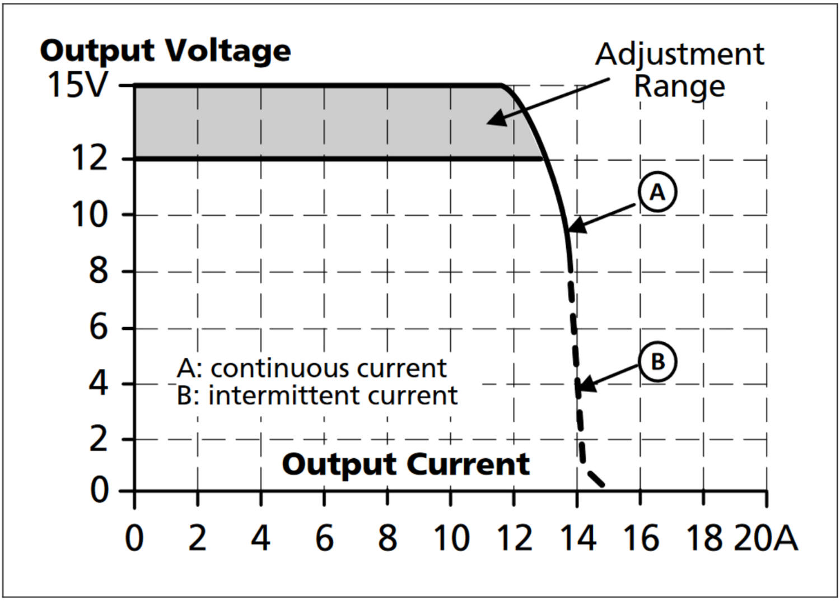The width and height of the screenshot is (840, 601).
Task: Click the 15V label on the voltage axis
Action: (x=77, y=85)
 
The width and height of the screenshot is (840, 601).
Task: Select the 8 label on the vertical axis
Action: (x=98, y=272)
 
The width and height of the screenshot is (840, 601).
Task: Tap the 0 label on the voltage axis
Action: (x=99, y=491)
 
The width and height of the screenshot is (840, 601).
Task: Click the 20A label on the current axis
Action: (x=766, y=538)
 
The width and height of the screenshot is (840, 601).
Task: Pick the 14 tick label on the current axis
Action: (x=577, y=538)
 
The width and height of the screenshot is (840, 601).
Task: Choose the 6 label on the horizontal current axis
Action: (x=324, y=538)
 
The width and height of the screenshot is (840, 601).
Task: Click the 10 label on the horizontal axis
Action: (x=451, y=538)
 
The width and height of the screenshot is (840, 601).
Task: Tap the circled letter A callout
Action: (x=657, y=192)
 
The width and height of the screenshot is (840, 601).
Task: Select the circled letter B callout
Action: (x=657, y=361)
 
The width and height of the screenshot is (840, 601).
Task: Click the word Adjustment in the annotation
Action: (x=679, y=54)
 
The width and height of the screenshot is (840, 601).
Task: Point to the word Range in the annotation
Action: (x=679, y=86)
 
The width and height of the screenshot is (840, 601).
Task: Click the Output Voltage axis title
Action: (x=165, y=51)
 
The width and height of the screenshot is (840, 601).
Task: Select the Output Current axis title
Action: (x=405, y=464)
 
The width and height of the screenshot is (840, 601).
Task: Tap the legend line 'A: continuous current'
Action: (x=311, y=369)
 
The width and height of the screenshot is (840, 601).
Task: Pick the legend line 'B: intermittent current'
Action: (x=317, y=395)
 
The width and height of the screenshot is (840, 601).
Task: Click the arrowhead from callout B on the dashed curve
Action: (x=583, y=385)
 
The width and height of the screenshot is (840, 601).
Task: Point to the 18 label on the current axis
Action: (x=704, y=538)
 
